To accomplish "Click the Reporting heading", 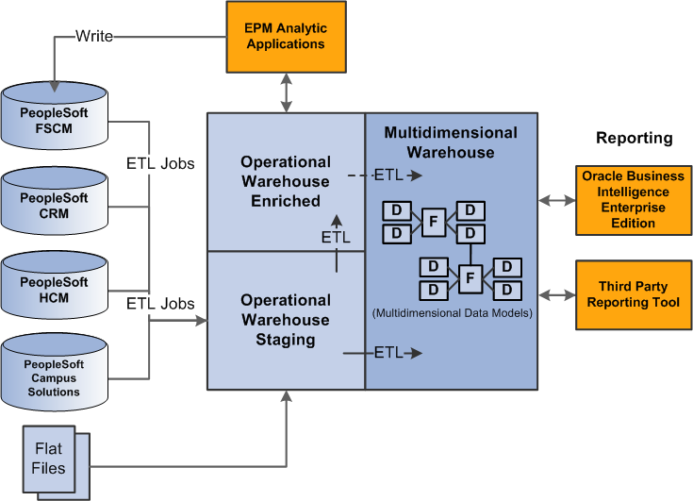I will [634, 139].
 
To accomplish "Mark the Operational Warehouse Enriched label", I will [285, 180].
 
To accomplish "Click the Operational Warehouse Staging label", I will [285, 320].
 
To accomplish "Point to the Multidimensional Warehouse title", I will [451, 142].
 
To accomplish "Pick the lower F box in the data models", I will [470, 278].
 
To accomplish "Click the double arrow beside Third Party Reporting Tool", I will [557, 295].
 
